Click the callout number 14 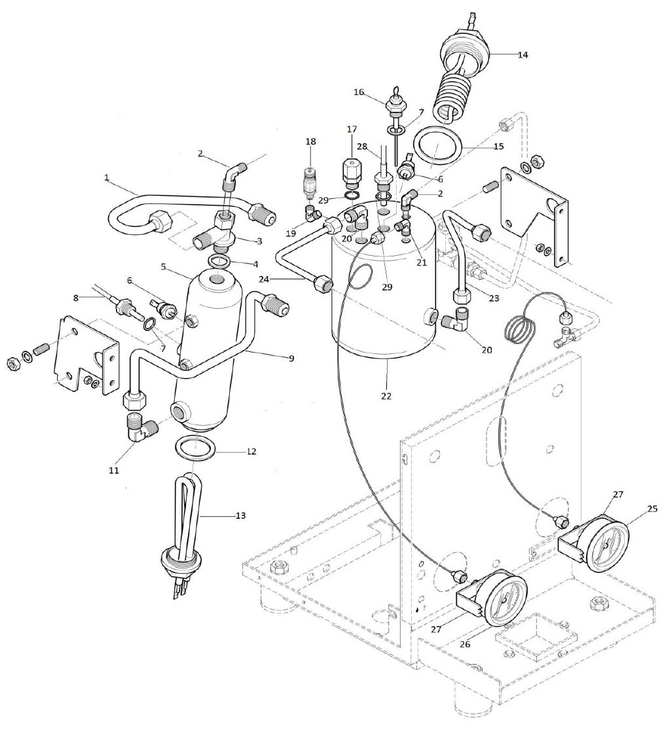(x=522, y=55)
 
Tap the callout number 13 (x=240, y=515)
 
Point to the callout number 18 (x=310, y=141)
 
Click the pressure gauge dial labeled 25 (x=606, y=543)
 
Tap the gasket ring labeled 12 (x=195, y=449)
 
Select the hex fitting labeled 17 (x=352, y=173)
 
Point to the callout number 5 (x=165, y=266)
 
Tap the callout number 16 (x=359, y=93)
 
